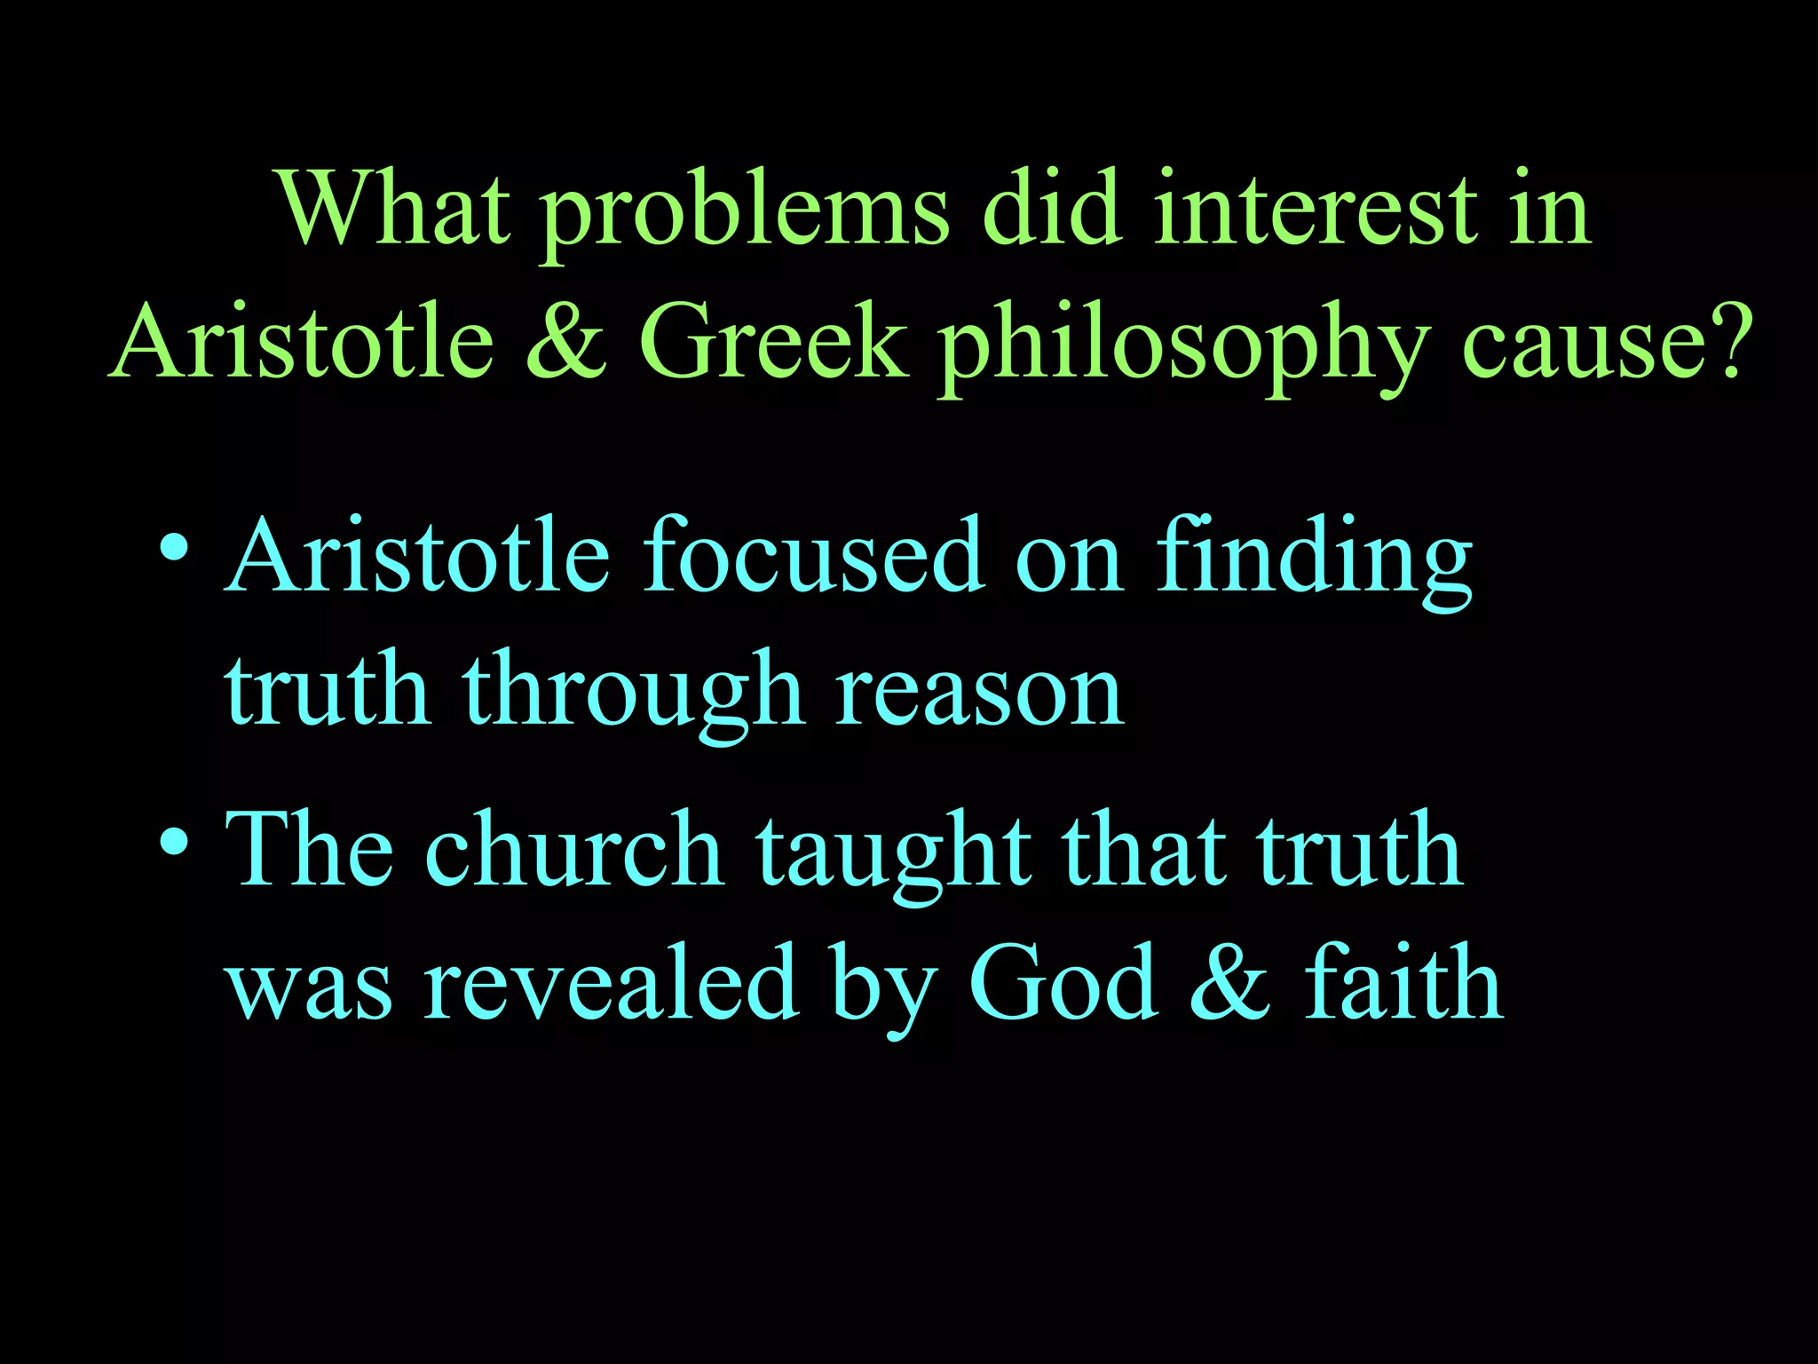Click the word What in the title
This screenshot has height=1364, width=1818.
395,210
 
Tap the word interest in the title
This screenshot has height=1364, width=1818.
1316,210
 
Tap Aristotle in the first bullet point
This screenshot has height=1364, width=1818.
417,557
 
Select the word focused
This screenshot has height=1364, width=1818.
813,557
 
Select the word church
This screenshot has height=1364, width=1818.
574,850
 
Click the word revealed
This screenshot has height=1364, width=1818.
611,984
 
